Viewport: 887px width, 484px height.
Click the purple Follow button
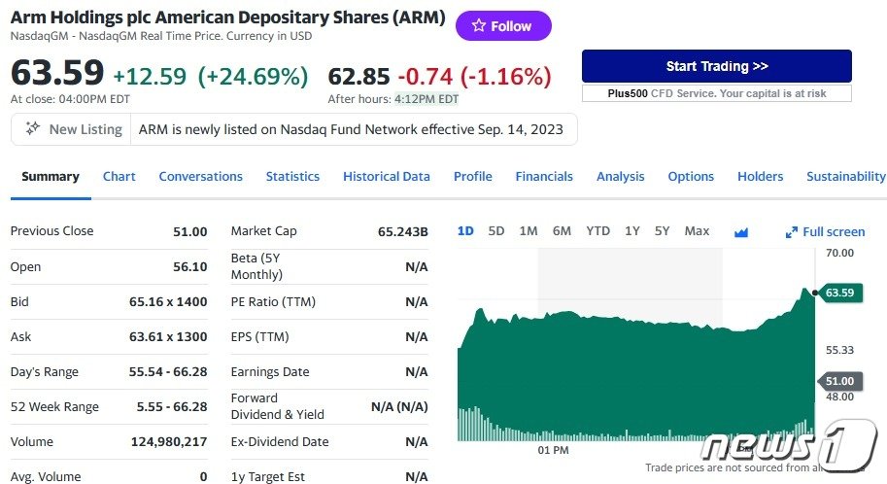pyautogui.click(x=503, y=26)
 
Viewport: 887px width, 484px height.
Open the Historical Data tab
pyautogui.click(x=386, y=176)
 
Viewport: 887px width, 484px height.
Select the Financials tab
pyautogui.click(x=544, y=176)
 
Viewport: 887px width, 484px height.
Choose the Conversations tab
pyautogui.click(x=200, y=176)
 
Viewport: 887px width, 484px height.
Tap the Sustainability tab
pyautogui.click(x=845, y=176)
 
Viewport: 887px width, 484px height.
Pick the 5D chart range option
pyautogui.click(x=496, y=231)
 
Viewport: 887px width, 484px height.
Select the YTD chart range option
pyautogui.click(x=597, y=231)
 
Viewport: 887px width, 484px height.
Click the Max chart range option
pyautogui.click(x=697, y=231)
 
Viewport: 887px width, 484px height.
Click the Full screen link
pyautogui.click(x=826, y=231)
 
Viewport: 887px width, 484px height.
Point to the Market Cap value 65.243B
pyautogui.click(x=402, y=231)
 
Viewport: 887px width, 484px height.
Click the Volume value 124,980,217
pyautogui.click(x=169, y=441)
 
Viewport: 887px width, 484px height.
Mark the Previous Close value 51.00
pyautogui.click(x=189, y=231)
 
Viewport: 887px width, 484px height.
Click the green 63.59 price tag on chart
pyautogui.click(x=839, y=293)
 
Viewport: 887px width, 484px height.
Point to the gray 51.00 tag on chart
pyautogui.click(x=839, y=381)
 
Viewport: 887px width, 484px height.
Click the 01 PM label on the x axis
pyautogui.click(x=553, y=450)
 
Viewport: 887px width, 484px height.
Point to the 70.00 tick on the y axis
pyautogui.click(x=839, y=253)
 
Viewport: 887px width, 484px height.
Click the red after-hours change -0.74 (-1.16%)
pyautogui.click(x=475, y=76)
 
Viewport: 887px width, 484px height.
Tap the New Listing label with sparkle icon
pyautogui.click(x=75, y=129)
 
